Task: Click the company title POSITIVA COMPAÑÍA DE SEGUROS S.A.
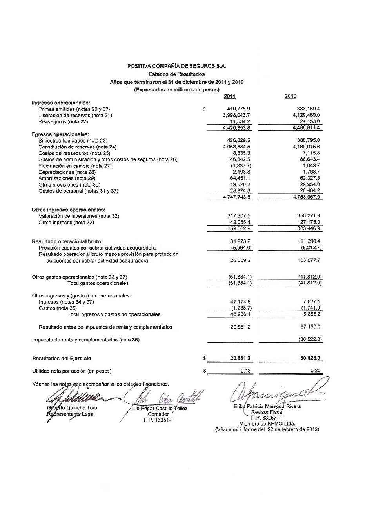(176, 67)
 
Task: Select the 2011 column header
(229, 96)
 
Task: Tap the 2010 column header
(290, 96)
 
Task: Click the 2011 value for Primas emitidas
(239, 109)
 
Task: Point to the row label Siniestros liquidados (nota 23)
(73, 141)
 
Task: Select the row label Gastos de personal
(78, 191)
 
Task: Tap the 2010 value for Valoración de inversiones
(309, 216)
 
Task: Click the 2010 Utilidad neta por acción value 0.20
(315, 371)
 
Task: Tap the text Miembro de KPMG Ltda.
(267, 424)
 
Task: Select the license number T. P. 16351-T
(158, 420)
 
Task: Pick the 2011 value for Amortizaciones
(240, 178)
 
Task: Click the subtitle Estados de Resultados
(176, 74)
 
